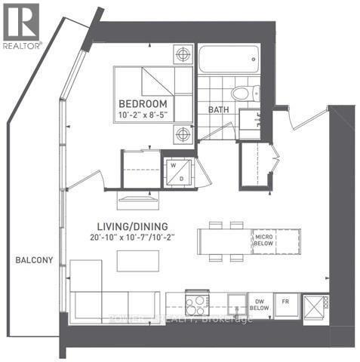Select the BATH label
point(218,109)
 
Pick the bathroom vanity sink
point(251,118)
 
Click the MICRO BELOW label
point(263,242)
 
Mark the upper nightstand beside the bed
point(182,55)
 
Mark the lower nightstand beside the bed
point(182,134)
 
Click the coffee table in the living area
point(138,261)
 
